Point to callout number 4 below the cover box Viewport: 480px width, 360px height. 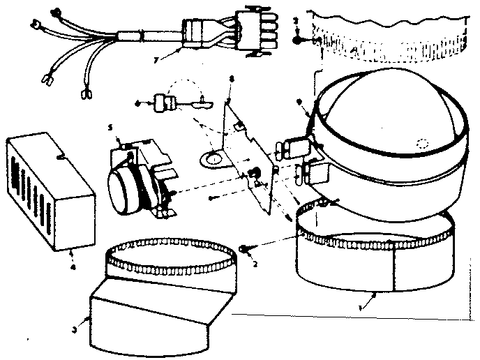pos(73,246)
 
